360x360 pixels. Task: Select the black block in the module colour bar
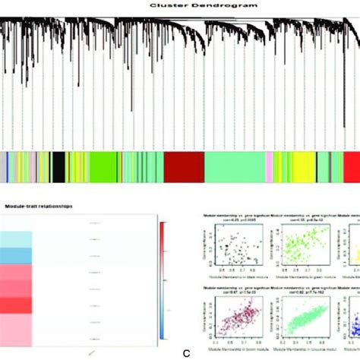tap(58, 166)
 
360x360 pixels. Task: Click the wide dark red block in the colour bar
tap(182, 166)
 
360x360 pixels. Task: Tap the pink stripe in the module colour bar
tap(268, 166)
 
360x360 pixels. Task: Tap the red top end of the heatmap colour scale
tap(165, 228)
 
